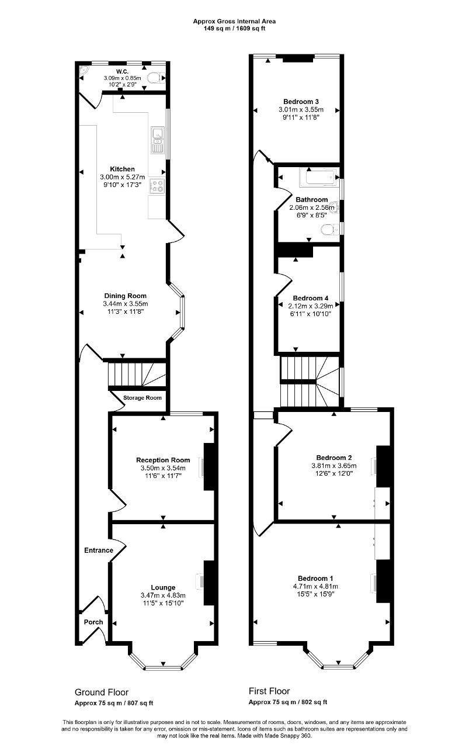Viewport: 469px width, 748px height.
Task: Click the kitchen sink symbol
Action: coord(158,140)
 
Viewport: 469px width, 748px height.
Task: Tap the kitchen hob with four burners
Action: coord(157,186)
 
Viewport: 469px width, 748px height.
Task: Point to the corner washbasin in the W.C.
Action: coord(83,71)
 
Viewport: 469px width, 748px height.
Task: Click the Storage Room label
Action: coord(142,398)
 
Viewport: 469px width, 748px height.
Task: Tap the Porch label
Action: coord(93,622)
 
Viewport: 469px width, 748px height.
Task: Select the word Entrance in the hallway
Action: coord(99,550)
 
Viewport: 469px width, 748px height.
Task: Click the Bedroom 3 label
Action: coord(301,102)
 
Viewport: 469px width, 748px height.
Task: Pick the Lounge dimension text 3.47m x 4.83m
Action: coord(163,595)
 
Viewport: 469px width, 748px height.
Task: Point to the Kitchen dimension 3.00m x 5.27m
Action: coord(123,177)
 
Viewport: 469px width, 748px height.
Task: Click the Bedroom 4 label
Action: coord(311,298)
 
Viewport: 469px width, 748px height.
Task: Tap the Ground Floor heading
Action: coord(102,692)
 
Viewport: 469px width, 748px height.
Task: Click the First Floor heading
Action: coord(269,691)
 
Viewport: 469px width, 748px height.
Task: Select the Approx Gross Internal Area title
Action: coord(234,22)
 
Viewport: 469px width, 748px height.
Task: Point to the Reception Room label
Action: coord(163,460)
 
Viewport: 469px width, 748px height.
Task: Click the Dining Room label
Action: coord(125,296)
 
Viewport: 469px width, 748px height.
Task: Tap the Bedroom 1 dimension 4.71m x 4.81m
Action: coord(315,586)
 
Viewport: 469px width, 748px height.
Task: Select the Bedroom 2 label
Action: coord(334,458)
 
